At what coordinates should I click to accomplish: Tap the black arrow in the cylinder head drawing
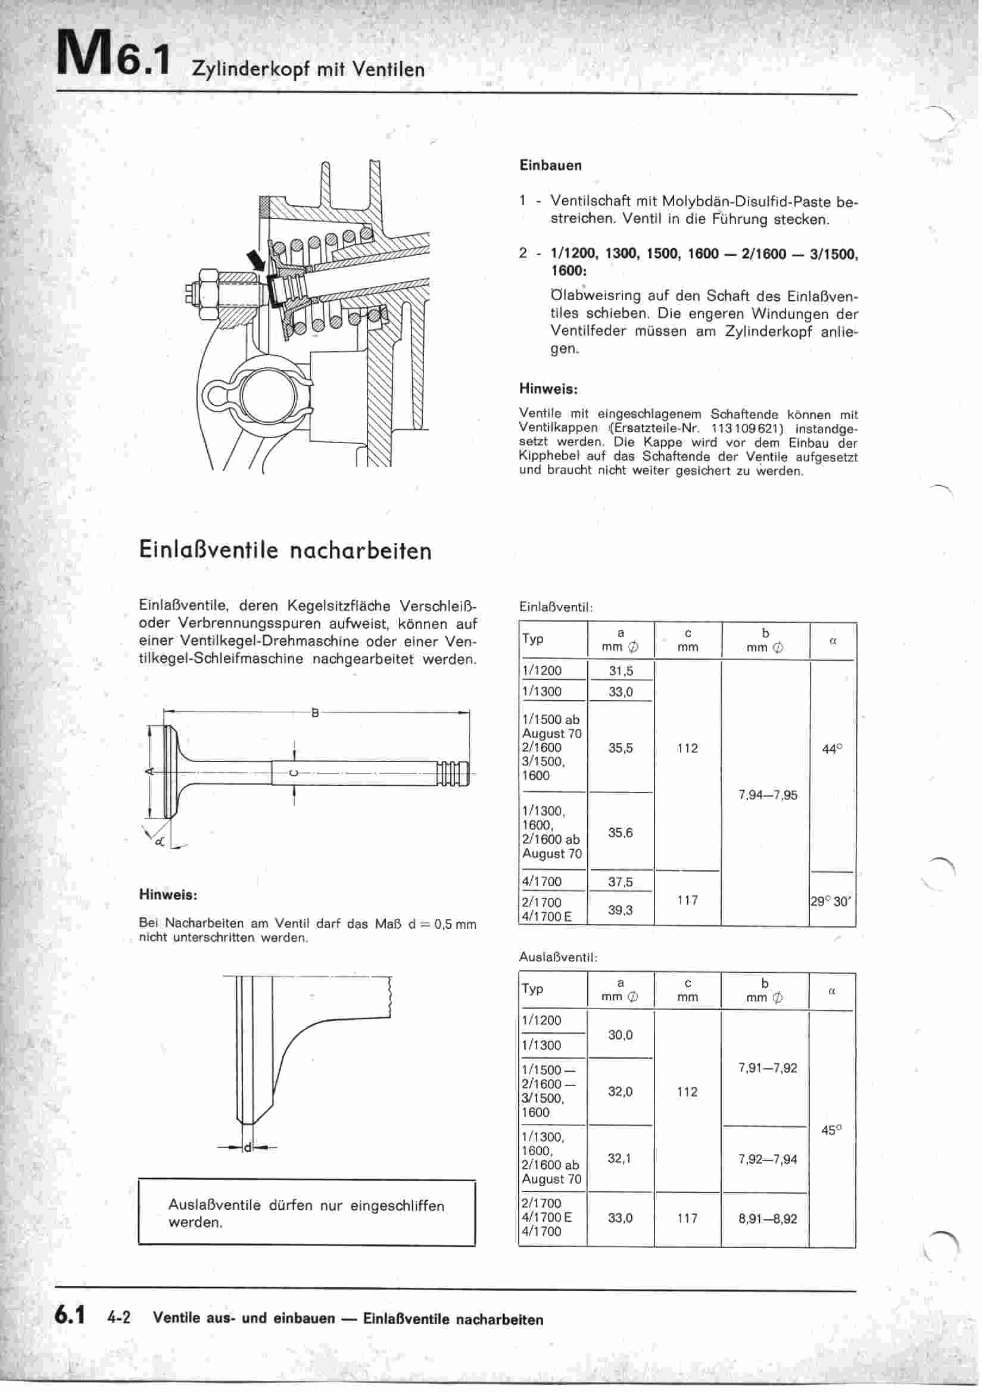257,263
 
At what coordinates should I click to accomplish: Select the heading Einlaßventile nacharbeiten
285,551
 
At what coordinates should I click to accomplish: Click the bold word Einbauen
550,166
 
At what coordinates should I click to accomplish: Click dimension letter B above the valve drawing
315,714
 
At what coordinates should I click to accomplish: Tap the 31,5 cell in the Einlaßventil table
621,671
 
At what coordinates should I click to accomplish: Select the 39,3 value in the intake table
621,909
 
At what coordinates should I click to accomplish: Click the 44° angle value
831,749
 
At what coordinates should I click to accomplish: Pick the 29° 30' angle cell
831,901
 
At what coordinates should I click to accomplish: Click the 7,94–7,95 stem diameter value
767,795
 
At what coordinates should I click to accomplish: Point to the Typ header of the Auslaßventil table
532,989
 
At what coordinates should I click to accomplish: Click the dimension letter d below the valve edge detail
247,1148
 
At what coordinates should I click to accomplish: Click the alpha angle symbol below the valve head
159,841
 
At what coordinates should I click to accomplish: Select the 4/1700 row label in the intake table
542,882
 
